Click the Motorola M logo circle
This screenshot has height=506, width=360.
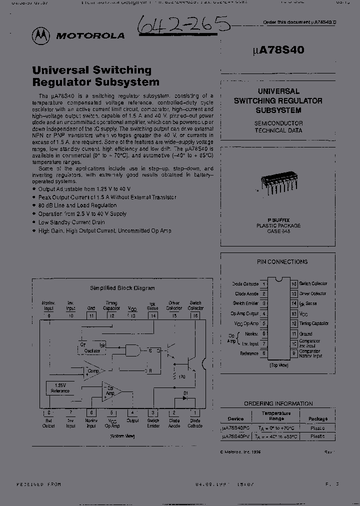tap(41, 35)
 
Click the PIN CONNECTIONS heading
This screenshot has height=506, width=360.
tap(282, 261)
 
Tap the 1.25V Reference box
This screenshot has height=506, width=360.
tap(60, 387)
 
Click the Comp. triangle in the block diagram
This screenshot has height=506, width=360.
tap(93, 371)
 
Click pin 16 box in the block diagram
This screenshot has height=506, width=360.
tap(195, 315)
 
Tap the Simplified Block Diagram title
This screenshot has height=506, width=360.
tap(122, 288)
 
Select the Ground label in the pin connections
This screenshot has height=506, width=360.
tap(305, 333)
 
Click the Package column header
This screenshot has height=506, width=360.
tap(317, 418)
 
